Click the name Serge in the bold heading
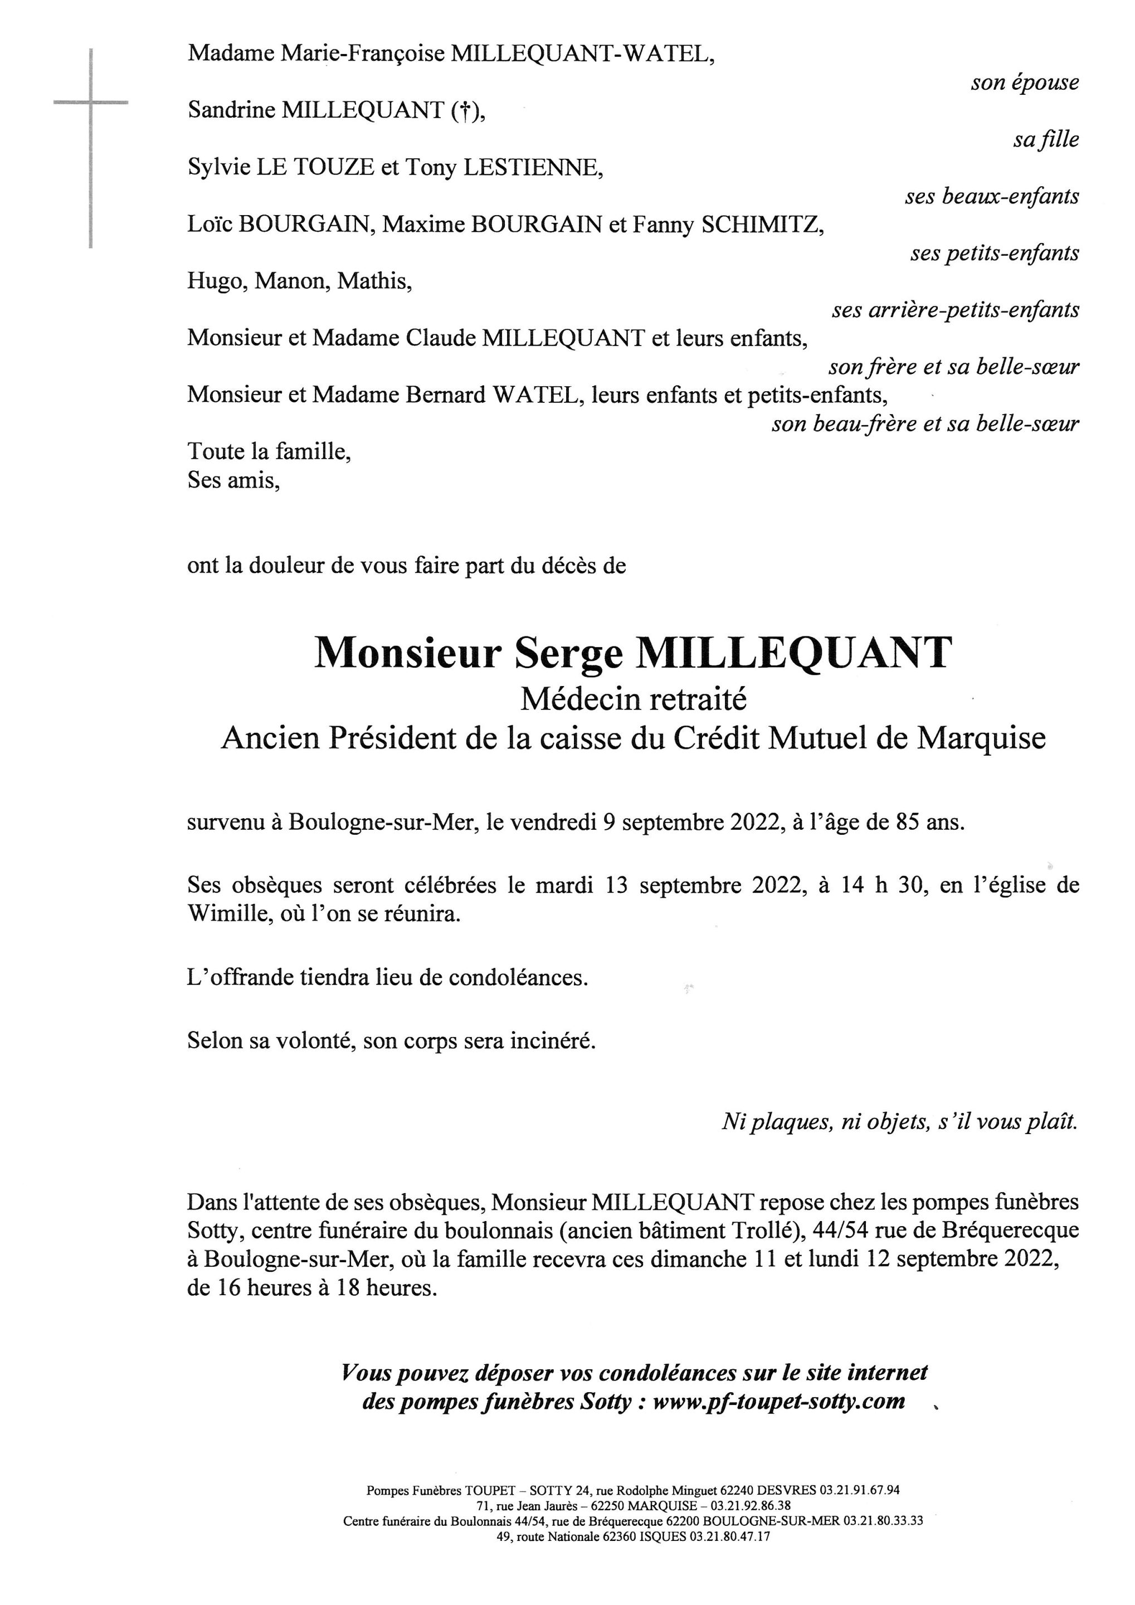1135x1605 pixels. coord(567,654)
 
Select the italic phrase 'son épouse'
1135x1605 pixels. coord(1024,83)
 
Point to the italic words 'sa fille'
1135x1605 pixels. coord(1045,140)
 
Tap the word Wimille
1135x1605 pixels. coord(226,915)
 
